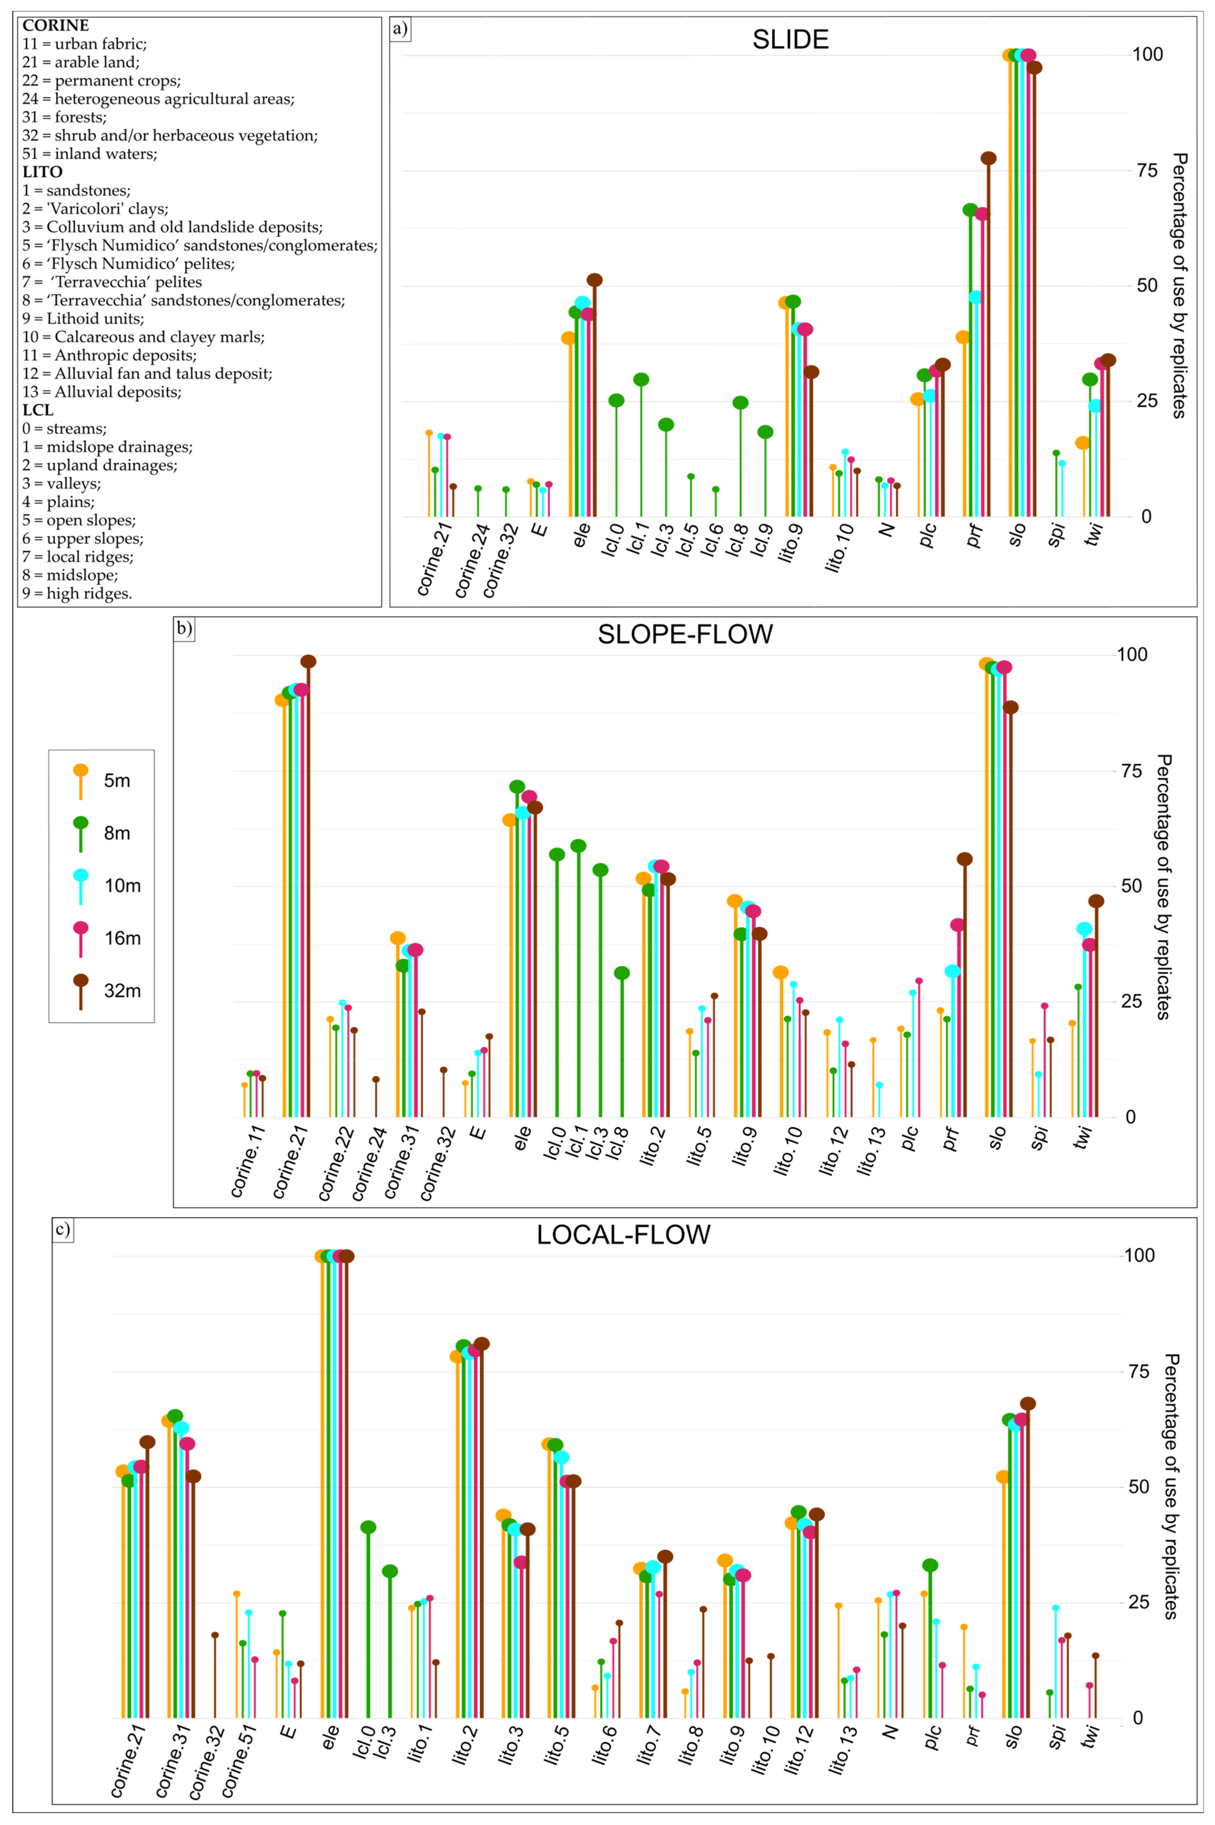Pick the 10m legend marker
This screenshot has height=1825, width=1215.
click(81, 876)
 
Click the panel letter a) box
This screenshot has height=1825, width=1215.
click(400, 29)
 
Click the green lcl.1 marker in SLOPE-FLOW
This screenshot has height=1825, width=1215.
click(578, 846)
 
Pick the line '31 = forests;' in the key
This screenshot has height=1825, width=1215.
click(64, 117)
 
